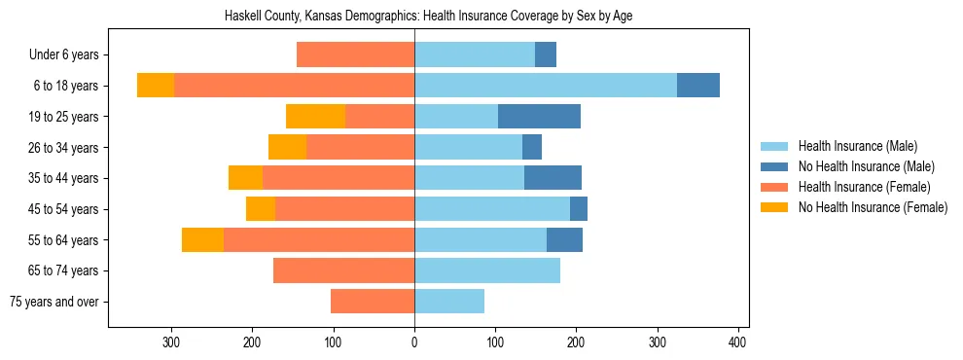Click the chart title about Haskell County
point(428,17)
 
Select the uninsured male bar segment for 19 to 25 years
point(539,117)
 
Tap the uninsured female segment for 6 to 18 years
point(155,86)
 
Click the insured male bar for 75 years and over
point(449,302)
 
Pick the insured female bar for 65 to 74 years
point(343,270)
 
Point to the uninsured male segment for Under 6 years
point(546,55)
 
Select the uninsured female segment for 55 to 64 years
point(202,240)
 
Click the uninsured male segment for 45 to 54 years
point(579,209)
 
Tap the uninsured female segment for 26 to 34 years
point(287,148)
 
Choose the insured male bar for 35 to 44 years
point(469,178)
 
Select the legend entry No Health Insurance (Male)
point(856,166)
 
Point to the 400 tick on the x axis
point(737,342)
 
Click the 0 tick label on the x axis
point(414,342)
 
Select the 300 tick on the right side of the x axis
point(657,342)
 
